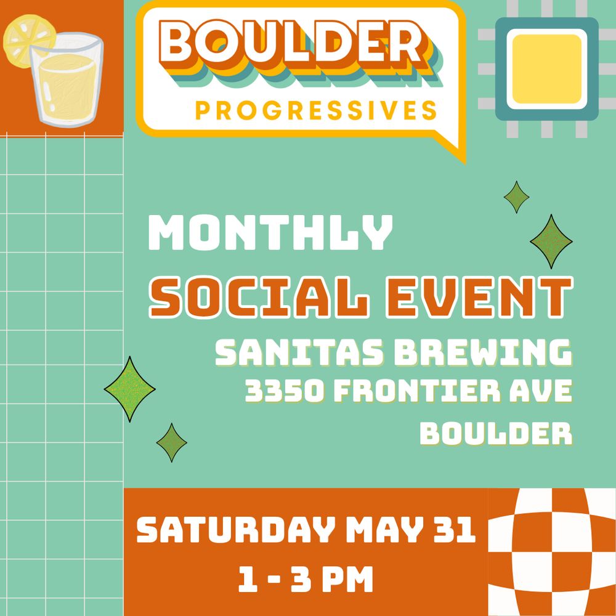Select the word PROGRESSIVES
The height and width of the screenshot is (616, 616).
tap(316, 110)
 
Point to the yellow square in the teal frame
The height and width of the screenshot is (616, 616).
tap(547, 69)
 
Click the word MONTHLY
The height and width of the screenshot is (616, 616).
tap(270, 233)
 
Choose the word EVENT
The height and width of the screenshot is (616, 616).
tap(479, 297)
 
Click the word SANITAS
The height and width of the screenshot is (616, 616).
tap(299, 352)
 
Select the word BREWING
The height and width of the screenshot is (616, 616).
tap(483, 352)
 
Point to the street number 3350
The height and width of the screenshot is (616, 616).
tap(285, 391)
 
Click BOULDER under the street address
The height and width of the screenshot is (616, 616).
tap(496, 434)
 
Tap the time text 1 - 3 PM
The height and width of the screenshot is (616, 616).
tap(306, 579)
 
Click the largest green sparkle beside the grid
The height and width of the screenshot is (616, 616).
tap(129, 389)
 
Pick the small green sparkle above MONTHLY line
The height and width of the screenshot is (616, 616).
tap(516, 197)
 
